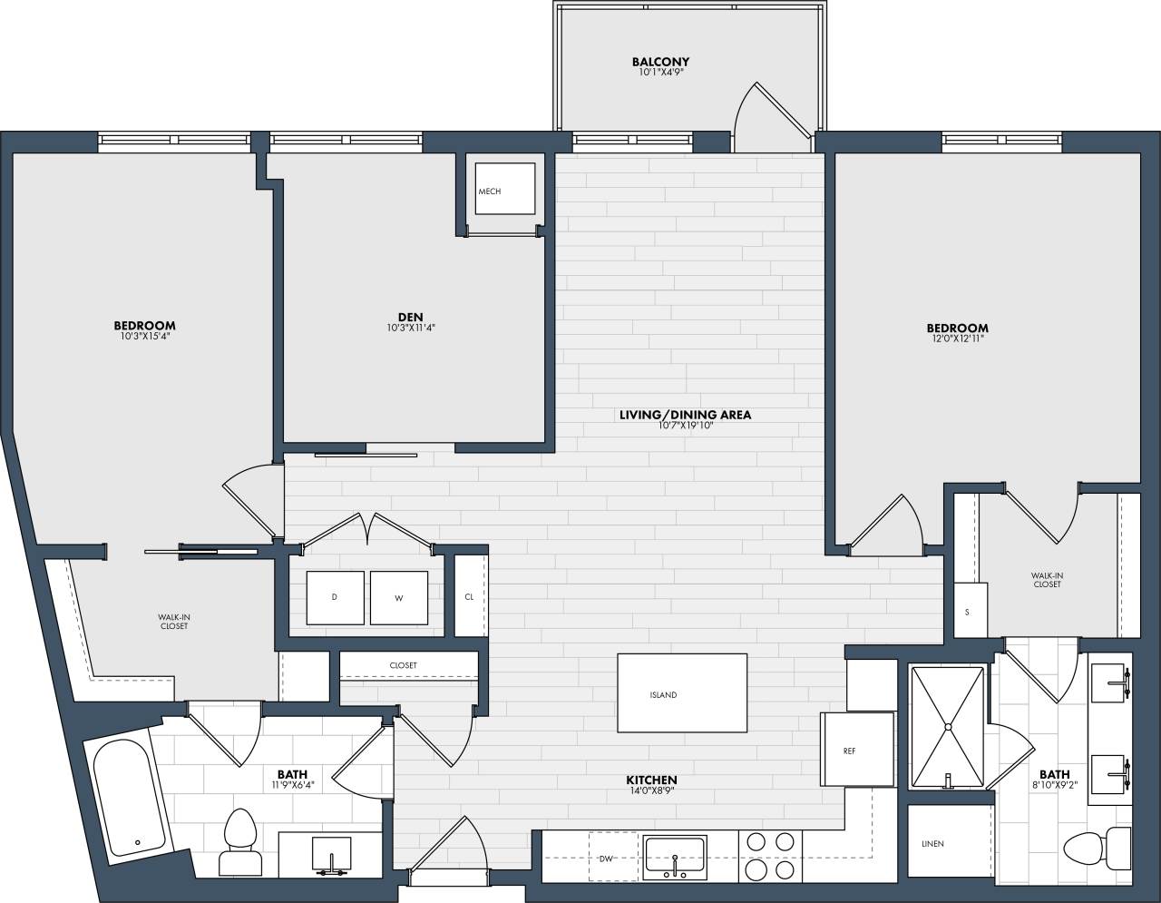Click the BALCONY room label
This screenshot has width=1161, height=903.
point(660,62)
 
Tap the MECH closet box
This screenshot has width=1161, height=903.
point(504,191)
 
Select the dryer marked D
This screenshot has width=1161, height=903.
point(335,597)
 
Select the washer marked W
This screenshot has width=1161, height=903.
point(398,597)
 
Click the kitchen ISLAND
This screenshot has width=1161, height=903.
point(682,692)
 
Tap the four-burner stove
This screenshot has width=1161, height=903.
point(769,857)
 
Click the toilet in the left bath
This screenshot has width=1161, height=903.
point(240,839)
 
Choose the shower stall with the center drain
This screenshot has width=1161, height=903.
point(947,727)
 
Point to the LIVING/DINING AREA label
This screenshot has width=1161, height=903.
point(685,416)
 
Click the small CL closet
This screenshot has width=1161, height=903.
point(469,596)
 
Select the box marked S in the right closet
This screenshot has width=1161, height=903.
point(967,611)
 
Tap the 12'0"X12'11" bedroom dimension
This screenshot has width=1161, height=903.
point(957,339)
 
